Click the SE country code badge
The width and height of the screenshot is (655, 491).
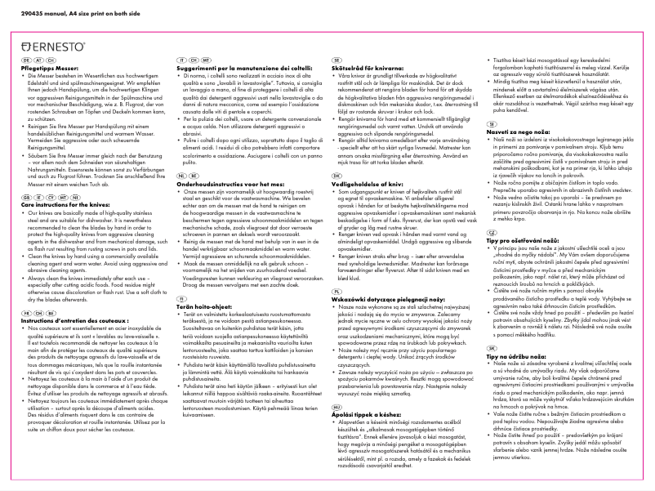(336, 60)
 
